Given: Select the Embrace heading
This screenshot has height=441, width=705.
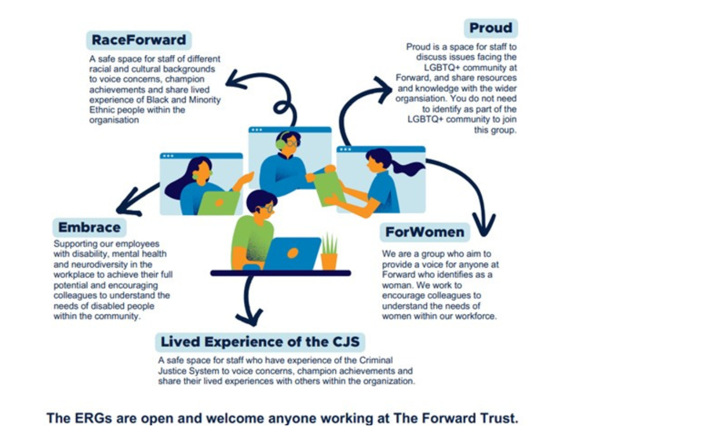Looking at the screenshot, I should point(89,227).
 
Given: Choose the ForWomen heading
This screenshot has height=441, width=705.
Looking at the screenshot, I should point(425,232).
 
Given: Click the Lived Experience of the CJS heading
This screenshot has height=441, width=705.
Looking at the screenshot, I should point(260,342).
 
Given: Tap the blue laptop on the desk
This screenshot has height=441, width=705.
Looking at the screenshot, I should point(292,253).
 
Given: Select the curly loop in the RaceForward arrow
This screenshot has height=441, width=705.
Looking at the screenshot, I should point(282,108).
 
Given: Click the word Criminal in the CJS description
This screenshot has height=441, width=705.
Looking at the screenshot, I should point(376,360).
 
